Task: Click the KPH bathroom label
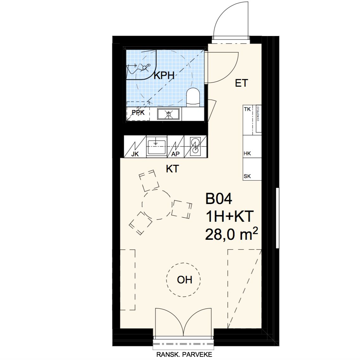164,76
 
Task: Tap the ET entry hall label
241,83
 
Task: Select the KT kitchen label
172,169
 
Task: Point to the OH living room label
185,280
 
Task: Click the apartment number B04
219,199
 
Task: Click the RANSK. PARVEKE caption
184,355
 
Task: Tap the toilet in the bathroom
193,97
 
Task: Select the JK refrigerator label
135,154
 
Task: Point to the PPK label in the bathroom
138,113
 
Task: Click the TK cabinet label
247,109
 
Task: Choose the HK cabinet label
247,153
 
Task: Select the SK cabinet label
247,177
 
